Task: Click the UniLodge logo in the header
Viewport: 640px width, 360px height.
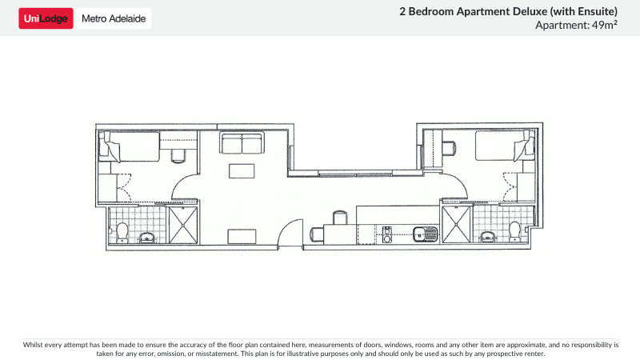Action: tap(46, 18)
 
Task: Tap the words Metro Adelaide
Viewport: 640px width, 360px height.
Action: tap(114, 18)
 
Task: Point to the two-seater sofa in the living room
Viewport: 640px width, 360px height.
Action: tap(242, 144)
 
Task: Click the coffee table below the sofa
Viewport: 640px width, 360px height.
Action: tap(242, 170)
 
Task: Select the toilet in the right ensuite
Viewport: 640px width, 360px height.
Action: tap(514, 231)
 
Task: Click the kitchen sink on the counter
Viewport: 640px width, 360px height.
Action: tap(423, 234)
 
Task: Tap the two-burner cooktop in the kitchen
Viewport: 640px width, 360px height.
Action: tap(387, 234)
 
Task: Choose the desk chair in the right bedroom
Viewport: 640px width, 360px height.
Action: tap(450, 146)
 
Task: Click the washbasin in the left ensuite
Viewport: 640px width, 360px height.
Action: tap(147, 237)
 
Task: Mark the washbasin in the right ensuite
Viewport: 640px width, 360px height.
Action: tap(487, 237)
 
